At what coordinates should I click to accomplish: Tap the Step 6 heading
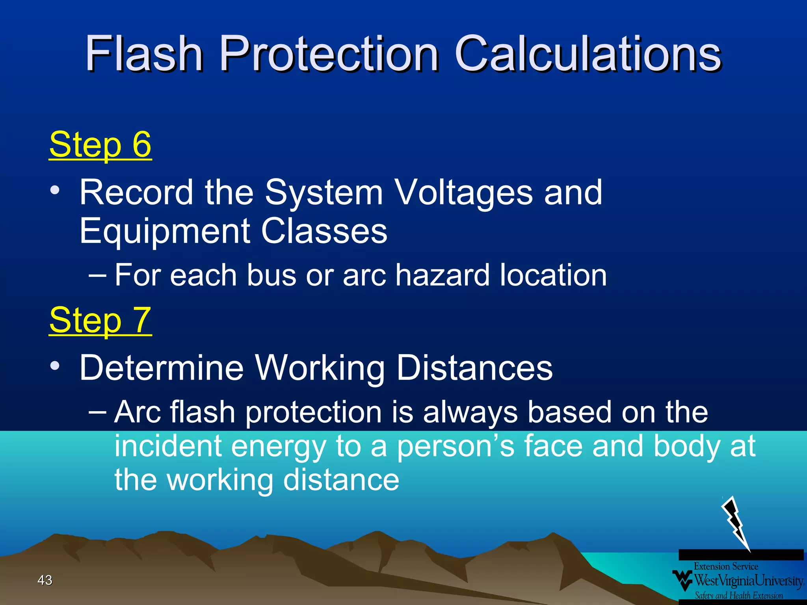pyautogui.click(x=100, y=145)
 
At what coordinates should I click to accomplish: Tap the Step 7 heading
pyautogui.click(x=100, y=320)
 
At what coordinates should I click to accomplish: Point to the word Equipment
pyautogui.click(x=164, y=231)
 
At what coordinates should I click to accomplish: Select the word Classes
pyautogui.click(x=324, y=231)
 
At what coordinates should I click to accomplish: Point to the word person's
pyautogui.click(x=456, y=446)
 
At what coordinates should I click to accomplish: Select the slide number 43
pyautogui.click(x=45, y=580)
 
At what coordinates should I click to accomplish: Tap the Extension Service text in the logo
pyautogui.click(x=726, y=566)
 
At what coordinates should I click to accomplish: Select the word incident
pyautogui.click(x=167, y=446)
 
